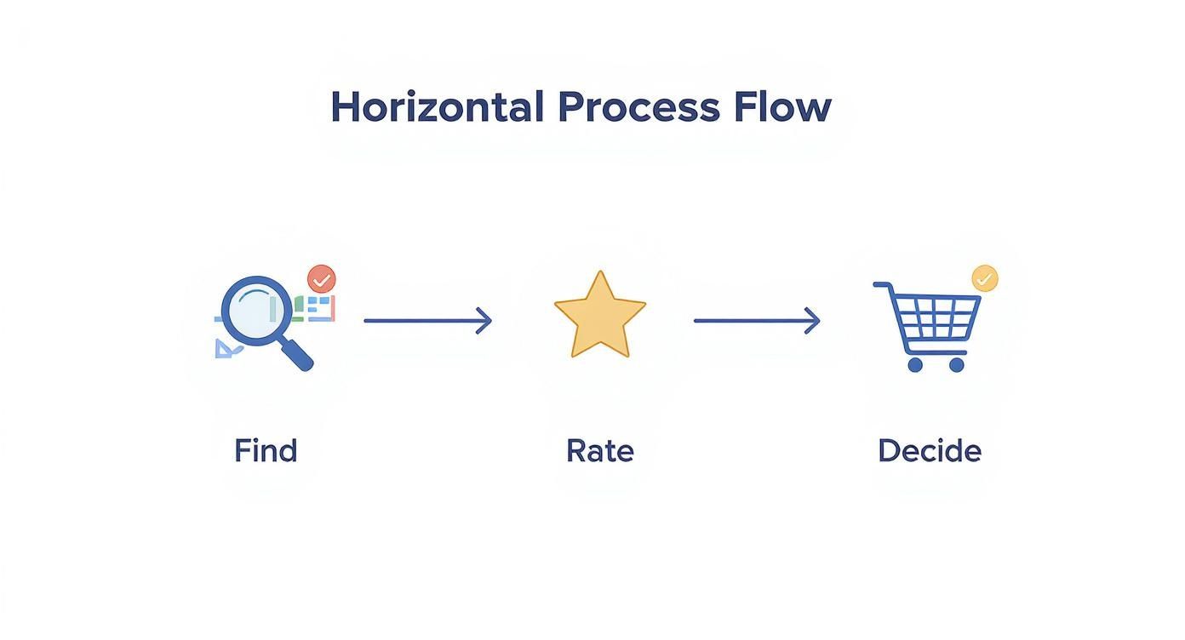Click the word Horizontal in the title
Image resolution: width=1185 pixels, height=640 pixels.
point(438,107)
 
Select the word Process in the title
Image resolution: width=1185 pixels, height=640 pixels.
point(639,107)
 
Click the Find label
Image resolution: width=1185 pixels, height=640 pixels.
point(266,451)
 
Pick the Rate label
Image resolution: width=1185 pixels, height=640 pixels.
point(600,451)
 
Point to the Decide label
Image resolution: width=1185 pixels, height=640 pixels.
point(930,451)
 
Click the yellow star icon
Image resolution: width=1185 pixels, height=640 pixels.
point(600,315)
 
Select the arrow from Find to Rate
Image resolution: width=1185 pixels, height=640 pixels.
point(428,321)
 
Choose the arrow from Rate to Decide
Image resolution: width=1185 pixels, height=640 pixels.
point(757,321)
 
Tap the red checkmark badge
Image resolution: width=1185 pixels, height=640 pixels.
point(322,279)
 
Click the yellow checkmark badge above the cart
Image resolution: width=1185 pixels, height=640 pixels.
point(985,278)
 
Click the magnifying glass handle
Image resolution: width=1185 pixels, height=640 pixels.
point(296,354)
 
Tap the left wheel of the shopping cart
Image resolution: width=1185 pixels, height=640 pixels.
point(915,365)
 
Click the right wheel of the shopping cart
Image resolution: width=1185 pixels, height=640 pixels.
point(957,365)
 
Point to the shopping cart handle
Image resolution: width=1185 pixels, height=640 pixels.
point(883,286)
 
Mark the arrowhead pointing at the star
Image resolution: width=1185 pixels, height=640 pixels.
point(484,321)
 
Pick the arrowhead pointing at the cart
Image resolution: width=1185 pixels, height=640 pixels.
point(813,321)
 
